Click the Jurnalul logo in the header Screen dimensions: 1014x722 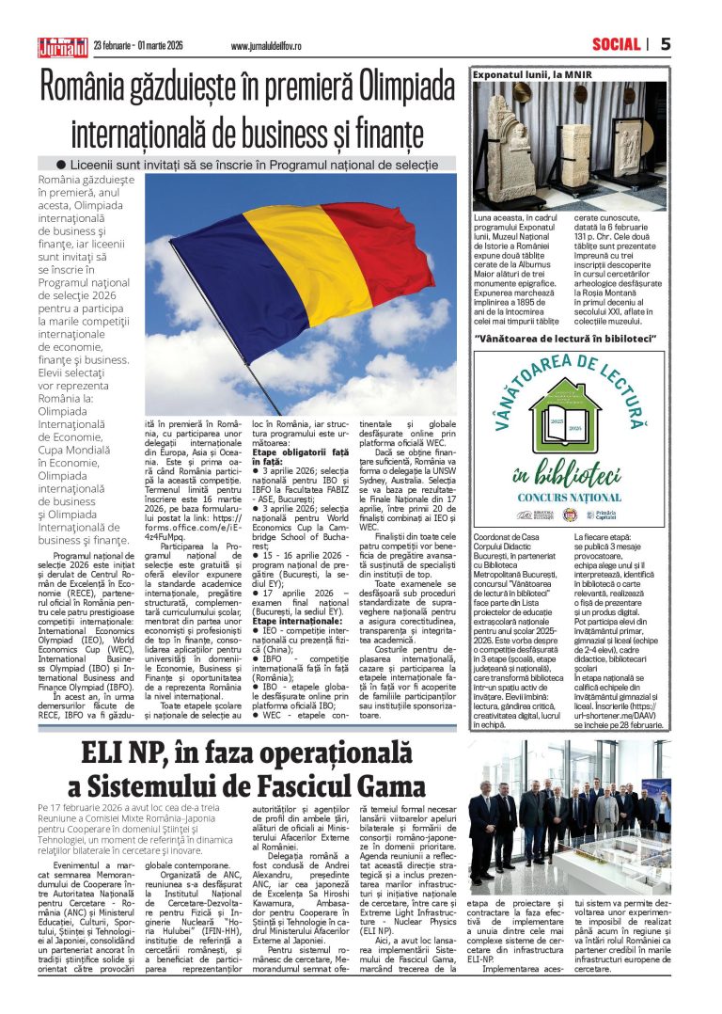tap(61, 45)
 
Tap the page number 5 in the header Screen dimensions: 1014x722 tap(666, 44)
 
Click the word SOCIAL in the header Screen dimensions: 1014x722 tap(617, 44)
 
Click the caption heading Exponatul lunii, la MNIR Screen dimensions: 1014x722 tap(533, 72)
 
